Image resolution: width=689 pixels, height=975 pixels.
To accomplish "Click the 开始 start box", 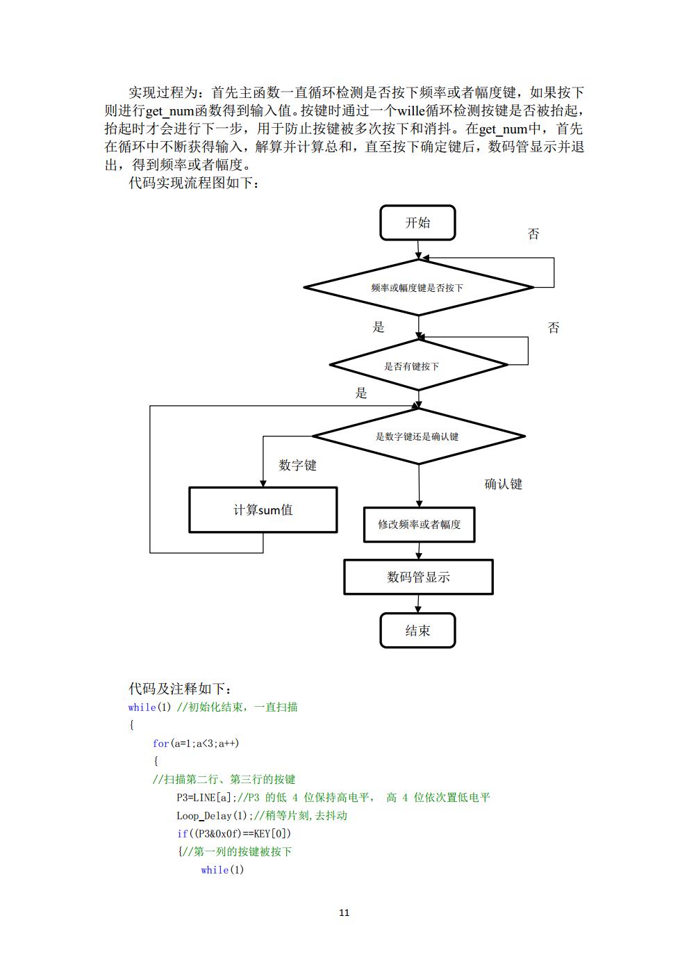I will point(417,223).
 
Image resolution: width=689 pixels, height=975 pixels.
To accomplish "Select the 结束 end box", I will point(417,630).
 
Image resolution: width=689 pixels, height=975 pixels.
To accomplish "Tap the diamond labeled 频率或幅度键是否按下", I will point(418,287).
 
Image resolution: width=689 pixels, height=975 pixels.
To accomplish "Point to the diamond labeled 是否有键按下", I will point(418,365).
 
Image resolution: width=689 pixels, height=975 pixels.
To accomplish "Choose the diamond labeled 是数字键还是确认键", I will point(418,436).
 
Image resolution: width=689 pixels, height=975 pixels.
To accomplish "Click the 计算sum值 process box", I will point(263,510).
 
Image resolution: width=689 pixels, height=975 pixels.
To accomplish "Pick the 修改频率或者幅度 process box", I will point(419,525).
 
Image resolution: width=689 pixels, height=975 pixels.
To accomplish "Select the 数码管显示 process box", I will point(418,577).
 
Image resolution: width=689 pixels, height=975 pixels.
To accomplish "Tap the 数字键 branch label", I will point(297,466).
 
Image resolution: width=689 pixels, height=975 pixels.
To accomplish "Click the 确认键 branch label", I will point(503,484).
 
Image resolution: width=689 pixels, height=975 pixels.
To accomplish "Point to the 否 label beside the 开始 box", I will point(533,234).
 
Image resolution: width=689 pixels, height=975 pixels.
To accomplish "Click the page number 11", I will point(344,912).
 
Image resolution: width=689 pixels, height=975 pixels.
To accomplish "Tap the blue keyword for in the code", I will point(160,744).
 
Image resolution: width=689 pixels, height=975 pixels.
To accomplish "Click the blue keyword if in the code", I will point(182,834).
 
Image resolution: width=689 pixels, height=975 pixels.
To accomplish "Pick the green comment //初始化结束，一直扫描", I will point(238,707).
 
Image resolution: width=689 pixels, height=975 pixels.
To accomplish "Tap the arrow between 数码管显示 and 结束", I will point(418,604).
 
